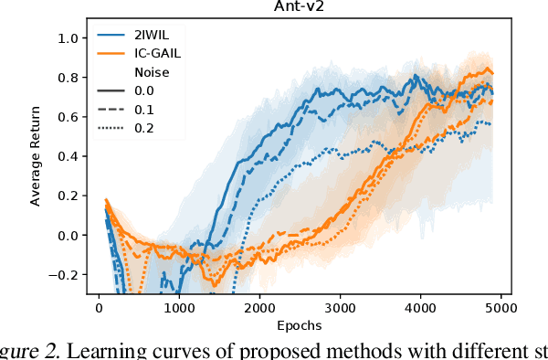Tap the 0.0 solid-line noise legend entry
[x=142, y=92]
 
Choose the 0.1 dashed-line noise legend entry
[x=142, y=110]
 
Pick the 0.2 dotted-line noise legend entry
[x=142, y=127]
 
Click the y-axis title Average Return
[x=37, y=155]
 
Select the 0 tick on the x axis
[x=99, y=308]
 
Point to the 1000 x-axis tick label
[x=179, y=308]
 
